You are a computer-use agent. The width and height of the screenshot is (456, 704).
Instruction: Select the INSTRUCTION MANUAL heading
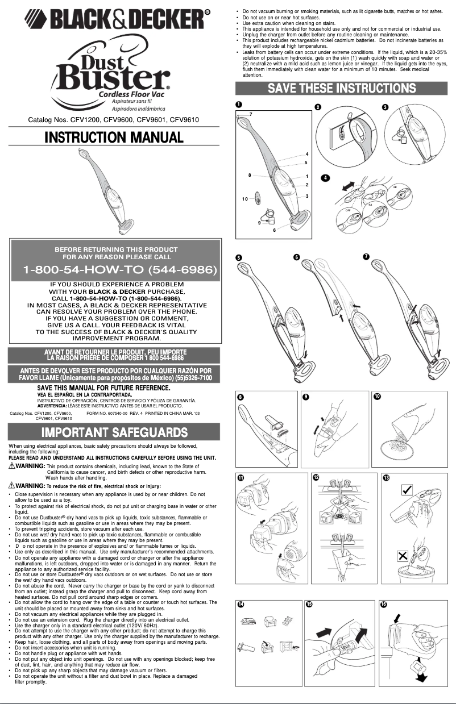pyautogui.click(x=114, y=138)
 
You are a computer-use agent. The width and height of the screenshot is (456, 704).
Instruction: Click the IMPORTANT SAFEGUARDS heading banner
pyautogui.click(x=114, y=432)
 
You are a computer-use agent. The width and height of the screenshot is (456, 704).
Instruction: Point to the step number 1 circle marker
pyautogui.click(x=239, y=105)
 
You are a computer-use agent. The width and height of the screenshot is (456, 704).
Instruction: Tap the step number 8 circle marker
pyautogui.click(x=241, y=396)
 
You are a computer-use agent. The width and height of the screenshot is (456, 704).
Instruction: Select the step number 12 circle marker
pyautogui.click(x=316, y=478)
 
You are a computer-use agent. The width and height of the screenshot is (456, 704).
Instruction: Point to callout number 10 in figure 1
pyautogui.click(x=244, y=199)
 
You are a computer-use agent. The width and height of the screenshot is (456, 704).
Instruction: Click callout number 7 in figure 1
pyautogui.click(x=250, y=115)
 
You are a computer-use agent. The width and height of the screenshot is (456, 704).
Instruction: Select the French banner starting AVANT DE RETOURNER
pyautogui.click(x=114, y=355)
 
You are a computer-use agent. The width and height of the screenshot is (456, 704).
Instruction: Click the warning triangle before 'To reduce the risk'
pyautogui.click(x=13, y=486)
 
